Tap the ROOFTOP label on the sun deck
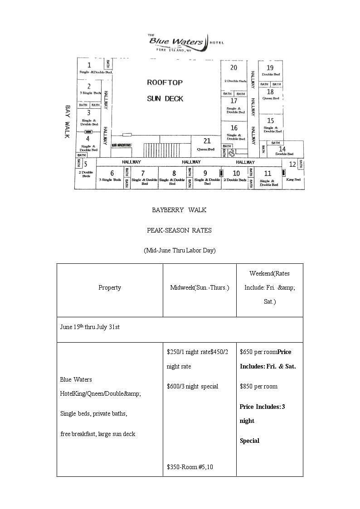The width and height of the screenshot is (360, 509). coord(165,82)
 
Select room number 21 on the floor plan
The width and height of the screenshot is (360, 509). coord(207,141)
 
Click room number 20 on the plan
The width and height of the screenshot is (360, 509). coord(234,68)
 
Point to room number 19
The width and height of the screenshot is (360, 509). coord(270,68)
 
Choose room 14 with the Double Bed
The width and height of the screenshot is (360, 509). coord(282,149)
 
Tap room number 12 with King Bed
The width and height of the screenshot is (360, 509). coord(293,165)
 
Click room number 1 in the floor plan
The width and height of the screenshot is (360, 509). coord(89,65)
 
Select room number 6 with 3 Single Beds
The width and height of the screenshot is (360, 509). coord(112,173)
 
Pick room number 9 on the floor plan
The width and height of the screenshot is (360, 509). coord(205,173)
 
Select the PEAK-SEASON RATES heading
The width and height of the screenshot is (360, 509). coord(179,230)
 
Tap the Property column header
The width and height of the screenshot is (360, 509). coord(110,287)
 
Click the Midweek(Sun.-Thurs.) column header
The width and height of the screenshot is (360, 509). coord(199,287)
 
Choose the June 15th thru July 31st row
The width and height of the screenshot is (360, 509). coord(90,327)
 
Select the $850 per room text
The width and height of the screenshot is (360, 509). coord(258,386)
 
